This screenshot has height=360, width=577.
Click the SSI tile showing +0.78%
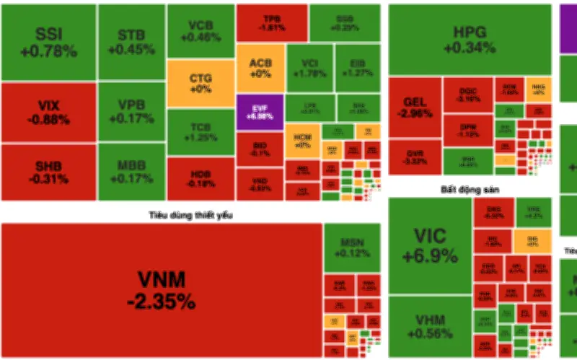tap(48, 42)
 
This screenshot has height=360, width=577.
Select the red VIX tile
tap(48, 112)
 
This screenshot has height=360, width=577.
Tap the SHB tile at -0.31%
tap(48, 172)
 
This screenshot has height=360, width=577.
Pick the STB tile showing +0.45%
tap(131, 42)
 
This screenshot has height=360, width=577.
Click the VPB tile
tap(131, 112)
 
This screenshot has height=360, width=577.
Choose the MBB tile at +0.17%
tap(131, 172)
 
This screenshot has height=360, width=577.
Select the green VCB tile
tap(201, 31)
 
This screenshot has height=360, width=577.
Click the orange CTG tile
tap(201, 83)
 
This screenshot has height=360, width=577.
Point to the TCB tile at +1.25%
tap(201, 132)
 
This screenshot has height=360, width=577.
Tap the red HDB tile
tap(201, 178)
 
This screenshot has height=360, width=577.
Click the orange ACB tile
tap(260, 68)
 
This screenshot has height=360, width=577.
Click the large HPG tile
tap(470, 40)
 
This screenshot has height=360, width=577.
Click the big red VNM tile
tap(161, 289)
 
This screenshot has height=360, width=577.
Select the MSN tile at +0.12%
tap(351, 247)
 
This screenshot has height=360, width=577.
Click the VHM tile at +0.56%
tap(429, 326)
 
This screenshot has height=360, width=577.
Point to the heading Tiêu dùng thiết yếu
tap(191, 214)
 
